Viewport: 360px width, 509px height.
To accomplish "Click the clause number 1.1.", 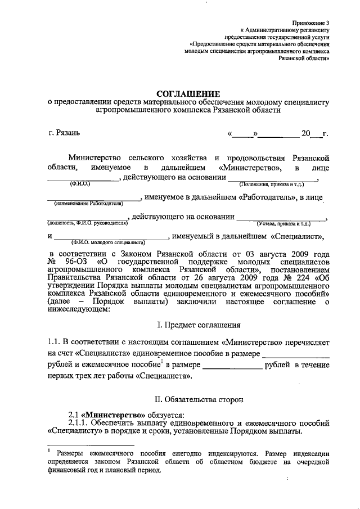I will (x=53, y=341).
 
